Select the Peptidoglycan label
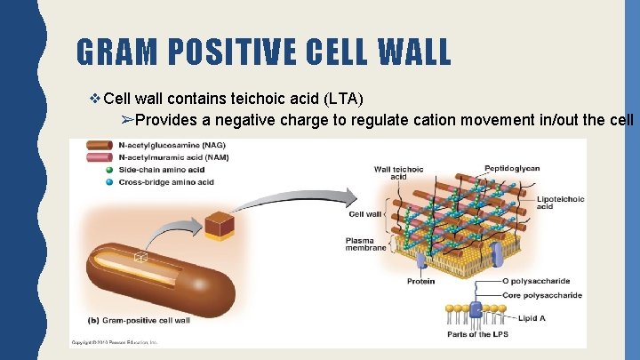[x=513, y=168]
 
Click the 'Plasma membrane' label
[x=365, y=244]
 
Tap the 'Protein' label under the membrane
[x=420, y=282]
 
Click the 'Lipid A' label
[x=533, y=317]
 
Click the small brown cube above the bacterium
[x=219, y=225]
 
